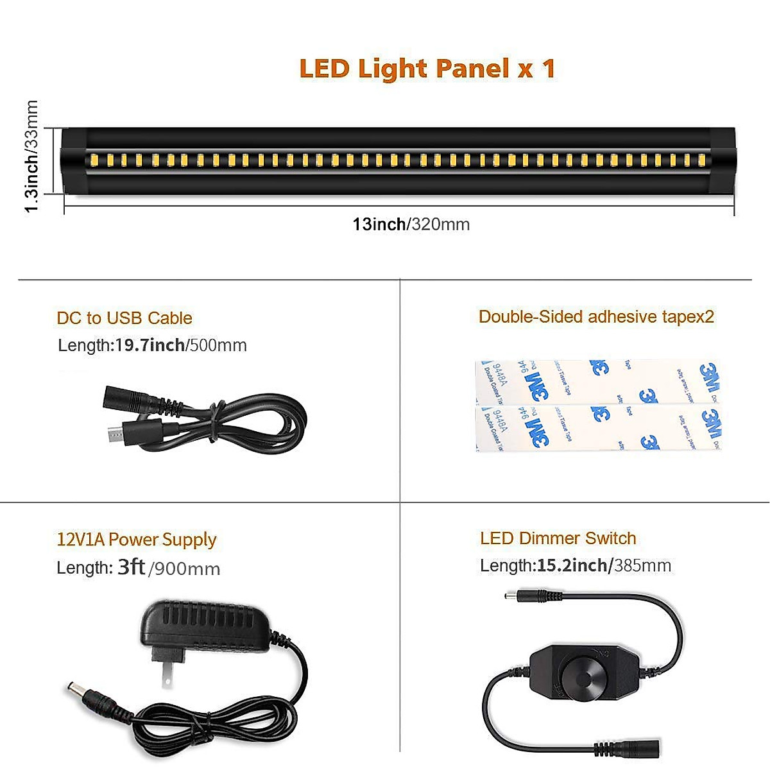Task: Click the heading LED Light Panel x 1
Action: tap(427, 69)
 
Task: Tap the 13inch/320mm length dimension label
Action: tap(411, 225)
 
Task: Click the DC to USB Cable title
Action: tap(124, 318)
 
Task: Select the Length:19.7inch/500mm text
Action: tap(152, 345)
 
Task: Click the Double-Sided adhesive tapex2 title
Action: tap(596, 317)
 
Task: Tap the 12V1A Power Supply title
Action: tap(137, 540)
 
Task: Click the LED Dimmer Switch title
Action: tap(558, 538)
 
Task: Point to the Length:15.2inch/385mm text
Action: tap(576, 565)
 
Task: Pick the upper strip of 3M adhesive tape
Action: tap(598, 381)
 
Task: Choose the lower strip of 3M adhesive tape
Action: tap(598, 427)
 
